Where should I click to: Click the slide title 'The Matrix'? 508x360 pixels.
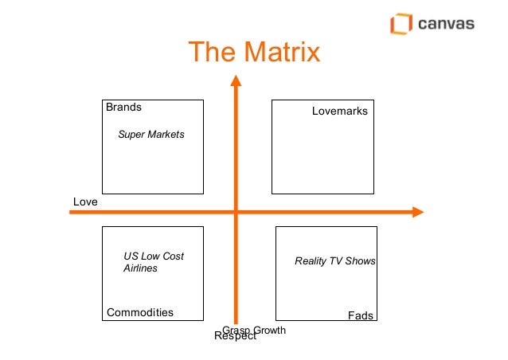pyautogui.click(x=253, y=53)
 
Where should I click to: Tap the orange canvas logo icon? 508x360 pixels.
pyautogui.click(x=401, y=24)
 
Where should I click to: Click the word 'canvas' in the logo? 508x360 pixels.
pyautogui.click(x=446, y=24)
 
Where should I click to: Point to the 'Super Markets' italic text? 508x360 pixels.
pyautogui.click(x=151, y=135)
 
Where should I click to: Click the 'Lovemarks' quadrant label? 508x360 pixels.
pyautogui.click(x=340, y=112)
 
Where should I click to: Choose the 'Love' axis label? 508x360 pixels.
pyautogui.click(x=85, y=202)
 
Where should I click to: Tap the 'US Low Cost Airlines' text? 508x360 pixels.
pyautogui.click(x=153, y=263)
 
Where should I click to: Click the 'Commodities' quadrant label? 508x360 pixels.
pyautogui.click(x=140, y=312)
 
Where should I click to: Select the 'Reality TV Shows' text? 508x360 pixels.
pyautogui.click(x=335, y=261)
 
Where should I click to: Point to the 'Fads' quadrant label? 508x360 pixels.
pyautogui.click(x=361, y=316)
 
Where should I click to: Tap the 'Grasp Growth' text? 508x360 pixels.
pyautogui.click(x=254, y=330)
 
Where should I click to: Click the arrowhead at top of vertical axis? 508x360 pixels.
pyautogui.click(x=235, y=80)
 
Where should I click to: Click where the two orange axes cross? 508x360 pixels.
pyautogui.click(x=236, y=212)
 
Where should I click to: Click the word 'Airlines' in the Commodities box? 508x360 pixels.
pyautogui.click(x=140, y=268)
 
